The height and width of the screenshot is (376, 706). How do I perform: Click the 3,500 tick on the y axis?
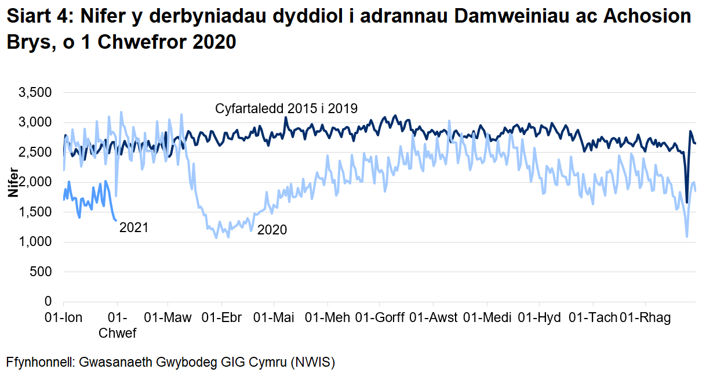pos(37,92)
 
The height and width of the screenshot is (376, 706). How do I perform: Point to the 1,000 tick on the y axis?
pos(37,242)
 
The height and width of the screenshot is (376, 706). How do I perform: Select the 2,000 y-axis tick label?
pos(37,182)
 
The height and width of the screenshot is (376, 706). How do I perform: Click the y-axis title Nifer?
pos(12,183)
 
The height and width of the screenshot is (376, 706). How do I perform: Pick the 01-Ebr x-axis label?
pos(222,317)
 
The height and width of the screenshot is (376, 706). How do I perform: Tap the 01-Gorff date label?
pos(379,317)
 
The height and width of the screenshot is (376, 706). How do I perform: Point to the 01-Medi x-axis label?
pos(487,317)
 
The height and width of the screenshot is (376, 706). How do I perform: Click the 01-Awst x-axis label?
pos(433,317)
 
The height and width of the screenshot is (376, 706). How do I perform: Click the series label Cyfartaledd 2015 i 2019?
pos(286,109)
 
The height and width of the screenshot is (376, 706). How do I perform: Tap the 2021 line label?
pos(134,228)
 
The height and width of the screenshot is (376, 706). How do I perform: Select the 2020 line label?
pos(272,230)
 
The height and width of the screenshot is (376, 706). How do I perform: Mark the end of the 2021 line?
pos(117,220)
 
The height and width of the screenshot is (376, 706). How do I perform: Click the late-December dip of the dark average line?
pos(687,203)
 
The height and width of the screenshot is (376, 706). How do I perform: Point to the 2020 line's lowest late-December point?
pos(687,236)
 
